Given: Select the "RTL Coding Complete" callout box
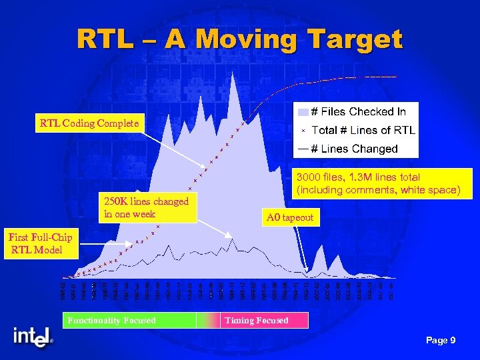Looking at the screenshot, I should click(89, 123).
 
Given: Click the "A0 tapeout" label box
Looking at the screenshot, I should click(289, 217).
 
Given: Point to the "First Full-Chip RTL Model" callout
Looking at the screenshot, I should click(39, 243).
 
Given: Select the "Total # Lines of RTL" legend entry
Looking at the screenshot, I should click(363, 130).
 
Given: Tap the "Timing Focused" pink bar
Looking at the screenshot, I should click(264, 321).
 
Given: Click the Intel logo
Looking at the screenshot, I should click(33, 337).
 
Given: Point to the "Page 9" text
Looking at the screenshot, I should click(441, 341).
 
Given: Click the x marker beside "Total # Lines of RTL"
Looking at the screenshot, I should click(303, 131).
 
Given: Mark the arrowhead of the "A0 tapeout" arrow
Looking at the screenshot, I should click(306, 272).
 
